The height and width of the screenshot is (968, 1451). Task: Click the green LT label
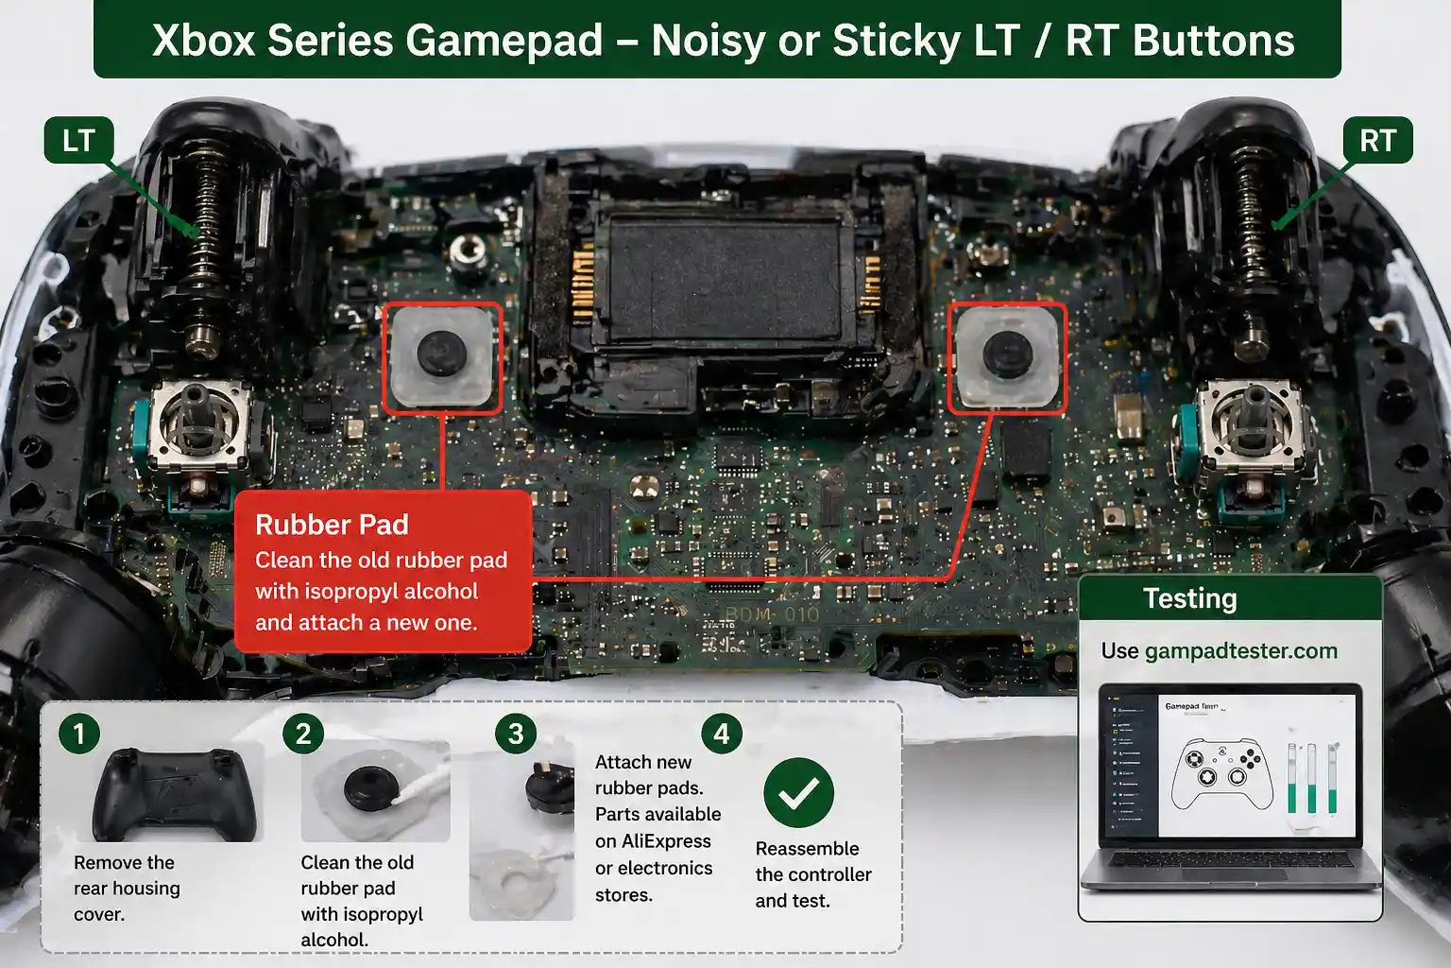(78, 141)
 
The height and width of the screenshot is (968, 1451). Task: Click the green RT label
(1376, 141)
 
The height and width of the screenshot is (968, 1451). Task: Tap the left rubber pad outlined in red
(442, 358)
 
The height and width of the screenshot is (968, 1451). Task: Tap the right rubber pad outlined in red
(1007, 358)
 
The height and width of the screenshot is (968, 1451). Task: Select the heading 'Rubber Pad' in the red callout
(332, 525)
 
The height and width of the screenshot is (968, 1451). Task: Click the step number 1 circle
(79, 734)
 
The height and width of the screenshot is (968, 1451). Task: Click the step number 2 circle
(303, 734)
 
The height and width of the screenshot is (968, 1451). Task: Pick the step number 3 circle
(516, 734)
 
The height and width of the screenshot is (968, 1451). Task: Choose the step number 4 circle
(722, 734)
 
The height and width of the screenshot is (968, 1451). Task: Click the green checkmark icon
(798, 793)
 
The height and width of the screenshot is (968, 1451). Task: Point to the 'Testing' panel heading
(1189, 598)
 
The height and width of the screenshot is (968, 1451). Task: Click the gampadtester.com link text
(1240, 651)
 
